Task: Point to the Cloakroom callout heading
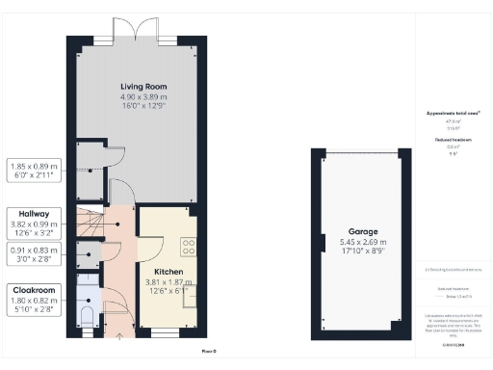point(34,289)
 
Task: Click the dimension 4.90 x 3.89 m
point(139,96)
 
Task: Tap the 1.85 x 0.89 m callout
point(34,165)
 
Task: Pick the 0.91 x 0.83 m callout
point(34,249)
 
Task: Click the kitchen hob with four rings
point(189,246)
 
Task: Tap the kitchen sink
point(191,294)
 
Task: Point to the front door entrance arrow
point(119,336)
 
